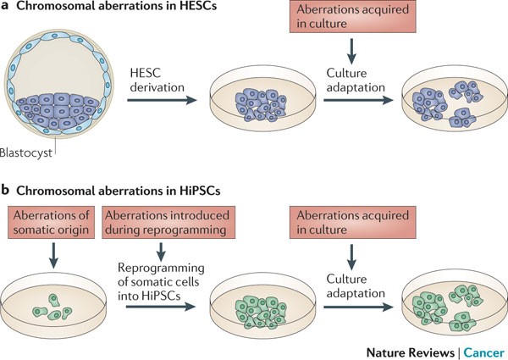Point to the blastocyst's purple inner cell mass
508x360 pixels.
click(59, 111)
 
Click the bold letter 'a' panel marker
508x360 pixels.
click(7, 9)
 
